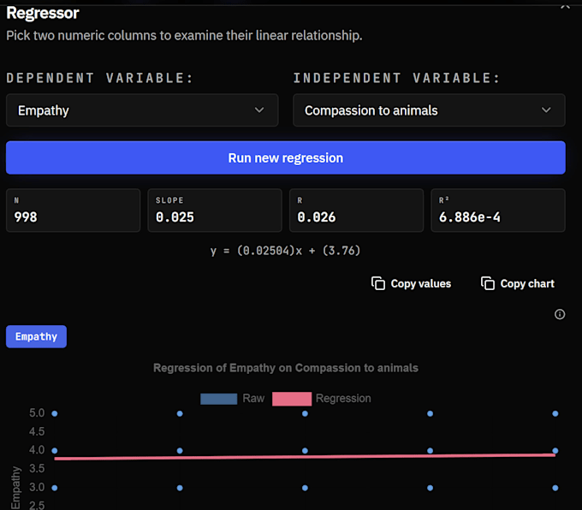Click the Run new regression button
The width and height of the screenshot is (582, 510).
click(285, 157)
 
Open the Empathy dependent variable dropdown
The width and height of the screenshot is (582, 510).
click(142, 110)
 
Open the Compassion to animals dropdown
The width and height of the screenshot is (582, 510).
click(429, 110)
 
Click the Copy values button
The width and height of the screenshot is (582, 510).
click(412, 283)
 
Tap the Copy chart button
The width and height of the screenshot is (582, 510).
click(518, 283)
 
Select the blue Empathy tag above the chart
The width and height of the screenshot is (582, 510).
click(36, 336)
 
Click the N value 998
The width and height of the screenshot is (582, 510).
click(26, 217)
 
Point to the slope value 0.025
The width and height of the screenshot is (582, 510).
click(175, 217)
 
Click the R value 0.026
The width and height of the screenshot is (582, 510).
click(317, 217)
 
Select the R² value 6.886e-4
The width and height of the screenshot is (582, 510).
click(470, 217)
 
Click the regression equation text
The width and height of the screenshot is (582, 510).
click(285, 251)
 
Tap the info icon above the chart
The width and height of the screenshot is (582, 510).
click(560, 314)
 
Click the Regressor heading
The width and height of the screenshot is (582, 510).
click(43, 13)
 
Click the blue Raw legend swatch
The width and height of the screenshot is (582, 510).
click(218, 399)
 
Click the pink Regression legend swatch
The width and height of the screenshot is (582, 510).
click(292, 399)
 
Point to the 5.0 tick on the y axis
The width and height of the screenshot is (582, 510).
click(37, 413)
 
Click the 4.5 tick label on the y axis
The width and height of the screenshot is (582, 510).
click(37, 431)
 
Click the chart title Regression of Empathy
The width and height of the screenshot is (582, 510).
click(286, 368)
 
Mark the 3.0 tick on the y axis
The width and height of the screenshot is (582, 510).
click(37, 488)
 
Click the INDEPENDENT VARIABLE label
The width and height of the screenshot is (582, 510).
click(397, 78)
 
